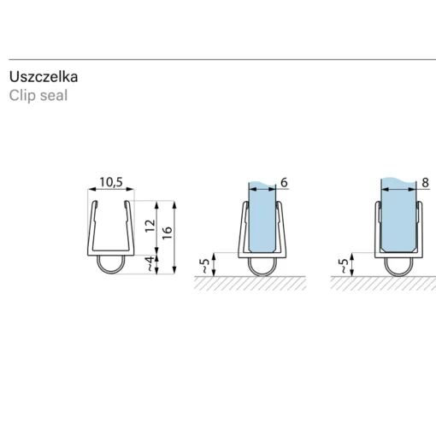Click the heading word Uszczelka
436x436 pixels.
[44, 77]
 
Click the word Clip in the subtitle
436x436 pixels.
[22, 96]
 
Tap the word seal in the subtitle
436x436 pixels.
[54, 96]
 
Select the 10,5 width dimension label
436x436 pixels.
[111, 182]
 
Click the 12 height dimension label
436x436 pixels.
[150, 226]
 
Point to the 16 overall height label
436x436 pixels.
[168, 233]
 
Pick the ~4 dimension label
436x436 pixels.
[150, 263]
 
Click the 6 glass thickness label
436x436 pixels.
[284, 182]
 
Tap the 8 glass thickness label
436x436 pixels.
[425, 182]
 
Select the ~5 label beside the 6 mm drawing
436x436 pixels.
[205, 266]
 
